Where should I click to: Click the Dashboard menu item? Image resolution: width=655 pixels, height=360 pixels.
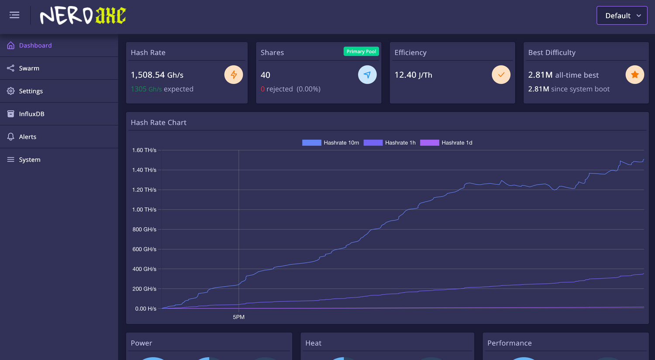click(x=35, y=45)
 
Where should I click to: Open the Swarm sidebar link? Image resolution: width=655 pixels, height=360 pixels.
click(x=29, y=68)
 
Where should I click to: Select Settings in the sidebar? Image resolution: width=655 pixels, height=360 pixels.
click(x=31, y=91)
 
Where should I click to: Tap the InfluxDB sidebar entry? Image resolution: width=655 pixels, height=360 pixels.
click(x=31, y=114)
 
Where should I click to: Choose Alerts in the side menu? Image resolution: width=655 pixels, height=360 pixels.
click(x=28, y=137)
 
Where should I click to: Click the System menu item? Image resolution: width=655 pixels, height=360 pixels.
click(x=29, y=160)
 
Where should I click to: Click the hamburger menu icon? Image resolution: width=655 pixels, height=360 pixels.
click(x=14, y=15)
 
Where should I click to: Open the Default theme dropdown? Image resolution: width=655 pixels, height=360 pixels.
click(x=622, y=16)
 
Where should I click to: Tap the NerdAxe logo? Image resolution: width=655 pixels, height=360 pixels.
click(x=83, y=16)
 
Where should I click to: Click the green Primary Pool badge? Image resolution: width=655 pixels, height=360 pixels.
click(x=361, y=51)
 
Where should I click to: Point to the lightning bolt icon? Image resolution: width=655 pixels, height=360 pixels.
click(x=234, y=75)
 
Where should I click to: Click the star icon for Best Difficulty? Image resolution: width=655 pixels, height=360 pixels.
click(x=634, y=75)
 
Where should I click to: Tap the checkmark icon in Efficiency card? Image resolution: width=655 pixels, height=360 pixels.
click(x=501, y=75)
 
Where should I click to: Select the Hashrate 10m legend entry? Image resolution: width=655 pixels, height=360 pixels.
click(x=331, y=143)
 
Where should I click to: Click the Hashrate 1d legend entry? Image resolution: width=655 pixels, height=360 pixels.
click(x=446, y=143)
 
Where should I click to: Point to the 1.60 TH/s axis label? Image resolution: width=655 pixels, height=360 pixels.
click(x=144, y=150)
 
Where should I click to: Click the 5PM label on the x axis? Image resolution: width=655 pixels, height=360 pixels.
click(x=238, y=317)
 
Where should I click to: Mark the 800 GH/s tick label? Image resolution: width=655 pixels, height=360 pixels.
click(x=144, y=230)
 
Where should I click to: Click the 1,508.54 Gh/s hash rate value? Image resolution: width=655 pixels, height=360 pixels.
click(x=157, y=75)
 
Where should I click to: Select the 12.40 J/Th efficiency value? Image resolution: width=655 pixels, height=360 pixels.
click(x=413, y=75)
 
